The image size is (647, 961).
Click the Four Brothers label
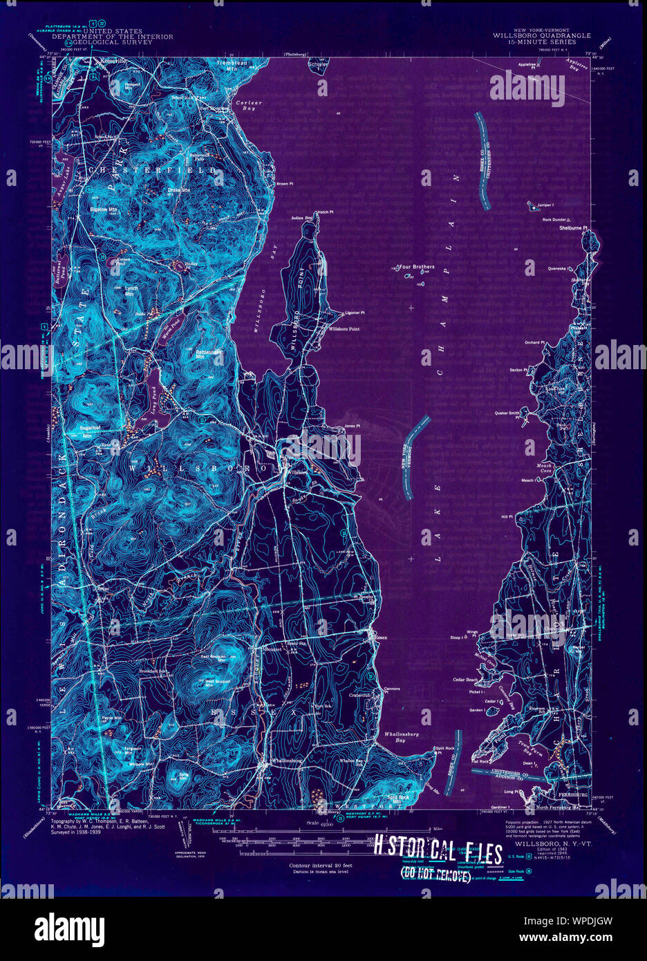pyautogui.click(x=418, y=266)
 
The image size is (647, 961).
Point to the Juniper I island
pyautogui.click(x=532, y=205)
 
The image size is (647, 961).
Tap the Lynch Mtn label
pyautogui.click(x=131, y=290)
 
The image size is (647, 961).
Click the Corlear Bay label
pyautogui.click(x=247, y=105)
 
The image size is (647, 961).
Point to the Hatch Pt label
pyautogui.click(x=325, y=212)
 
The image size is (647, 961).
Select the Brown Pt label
pyautogui.click(x=285, y=184)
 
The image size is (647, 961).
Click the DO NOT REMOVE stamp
pyautogui.click(x=435, y=876)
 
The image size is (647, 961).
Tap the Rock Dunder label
pyautogui.click(x=554, y=220)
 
